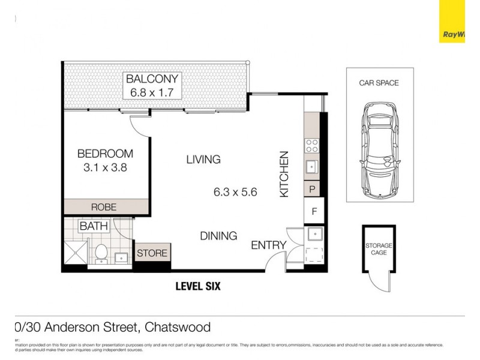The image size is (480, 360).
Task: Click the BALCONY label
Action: [x=151, y=79]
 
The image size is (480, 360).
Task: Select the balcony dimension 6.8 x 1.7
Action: [x=151, y=92]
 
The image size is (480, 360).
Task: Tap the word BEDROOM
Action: [x=105, y=154]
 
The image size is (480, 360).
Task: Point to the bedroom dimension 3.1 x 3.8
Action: [x=105, y=168]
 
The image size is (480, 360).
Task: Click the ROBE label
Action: [x=104, y=207]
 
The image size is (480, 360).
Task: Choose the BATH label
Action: [x=94, y=227]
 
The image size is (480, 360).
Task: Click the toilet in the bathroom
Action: [x=100, y=253]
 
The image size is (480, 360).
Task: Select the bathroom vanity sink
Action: [x=122, y=257]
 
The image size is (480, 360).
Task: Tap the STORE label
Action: [x=152, y=253]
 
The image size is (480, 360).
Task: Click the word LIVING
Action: [x=203, y=160]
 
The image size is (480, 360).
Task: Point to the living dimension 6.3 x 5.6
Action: [x=235, y=193]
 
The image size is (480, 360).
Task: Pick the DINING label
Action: [x=218, y=236]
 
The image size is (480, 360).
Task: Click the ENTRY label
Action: [x=268, y=245]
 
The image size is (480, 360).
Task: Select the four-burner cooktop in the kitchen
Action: [x=313, y=145]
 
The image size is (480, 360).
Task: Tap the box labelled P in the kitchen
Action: [x=313, y=188]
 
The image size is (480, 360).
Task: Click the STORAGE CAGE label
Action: [x=379, y=249]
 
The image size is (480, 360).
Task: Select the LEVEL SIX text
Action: [x=197, y=286]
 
